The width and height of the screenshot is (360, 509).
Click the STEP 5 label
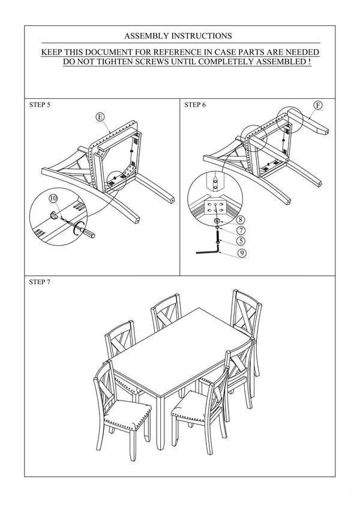[40, 105]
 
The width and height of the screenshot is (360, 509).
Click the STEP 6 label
[195, 105]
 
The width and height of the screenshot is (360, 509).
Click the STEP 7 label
[40, 281]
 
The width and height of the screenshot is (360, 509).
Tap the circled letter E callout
[100, 118]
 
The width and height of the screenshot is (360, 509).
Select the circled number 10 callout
[53, 197]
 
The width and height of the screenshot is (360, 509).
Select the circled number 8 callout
[240, 220]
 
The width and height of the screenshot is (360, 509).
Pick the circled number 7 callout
[240, 230]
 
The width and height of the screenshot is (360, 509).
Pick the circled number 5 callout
[240, 241]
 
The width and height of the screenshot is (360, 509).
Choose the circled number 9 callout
[240, 253]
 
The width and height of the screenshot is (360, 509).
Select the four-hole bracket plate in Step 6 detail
[214, 207]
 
